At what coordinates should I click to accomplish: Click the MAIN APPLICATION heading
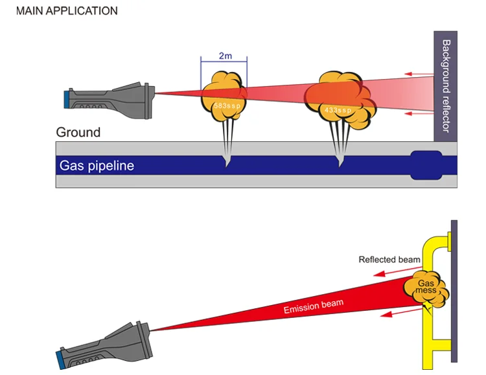pyautogui.click(x=67, y=11)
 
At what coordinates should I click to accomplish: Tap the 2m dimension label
pyautogui.click(x=224, y=56)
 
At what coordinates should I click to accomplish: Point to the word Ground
pyautogui.click(x=78, y=132)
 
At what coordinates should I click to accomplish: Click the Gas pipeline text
pyautogui.click(x=97, y=165)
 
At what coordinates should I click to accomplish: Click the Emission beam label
pyautogui.click(x=314, y=306)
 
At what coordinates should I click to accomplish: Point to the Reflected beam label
pyautogui.click(x=389, y=260)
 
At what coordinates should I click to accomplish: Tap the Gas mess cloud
pyautogui.click(x=426, y=289)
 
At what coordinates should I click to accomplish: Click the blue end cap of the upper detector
pyautogui.click(x=67, y=98)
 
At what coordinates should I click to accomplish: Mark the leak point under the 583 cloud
pyautogui.click(x=226, y=163)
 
